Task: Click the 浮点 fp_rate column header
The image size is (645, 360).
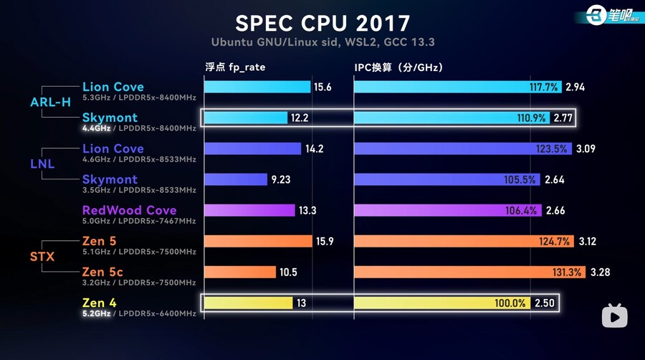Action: pos(238,68)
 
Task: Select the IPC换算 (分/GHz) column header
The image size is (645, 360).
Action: pos(398,68)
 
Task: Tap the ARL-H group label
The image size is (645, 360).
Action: pos(50,102)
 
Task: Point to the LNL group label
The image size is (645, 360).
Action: pos(42,164)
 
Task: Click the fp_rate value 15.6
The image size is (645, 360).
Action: pos(322,87)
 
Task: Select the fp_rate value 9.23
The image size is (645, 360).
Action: pos(281,179)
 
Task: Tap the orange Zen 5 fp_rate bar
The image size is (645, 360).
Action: pos(258,241)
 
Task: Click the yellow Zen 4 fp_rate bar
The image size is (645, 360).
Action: pos(248,303)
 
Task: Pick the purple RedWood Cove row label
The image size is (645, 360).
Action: pos(129,210)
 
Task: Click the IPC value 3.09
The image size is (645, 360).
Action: pos(586,148)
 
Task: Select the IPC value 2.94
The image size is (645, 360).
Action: pos(575,87)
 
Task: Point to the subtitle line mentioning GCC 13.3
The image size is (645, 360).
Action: pos(322,42)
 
